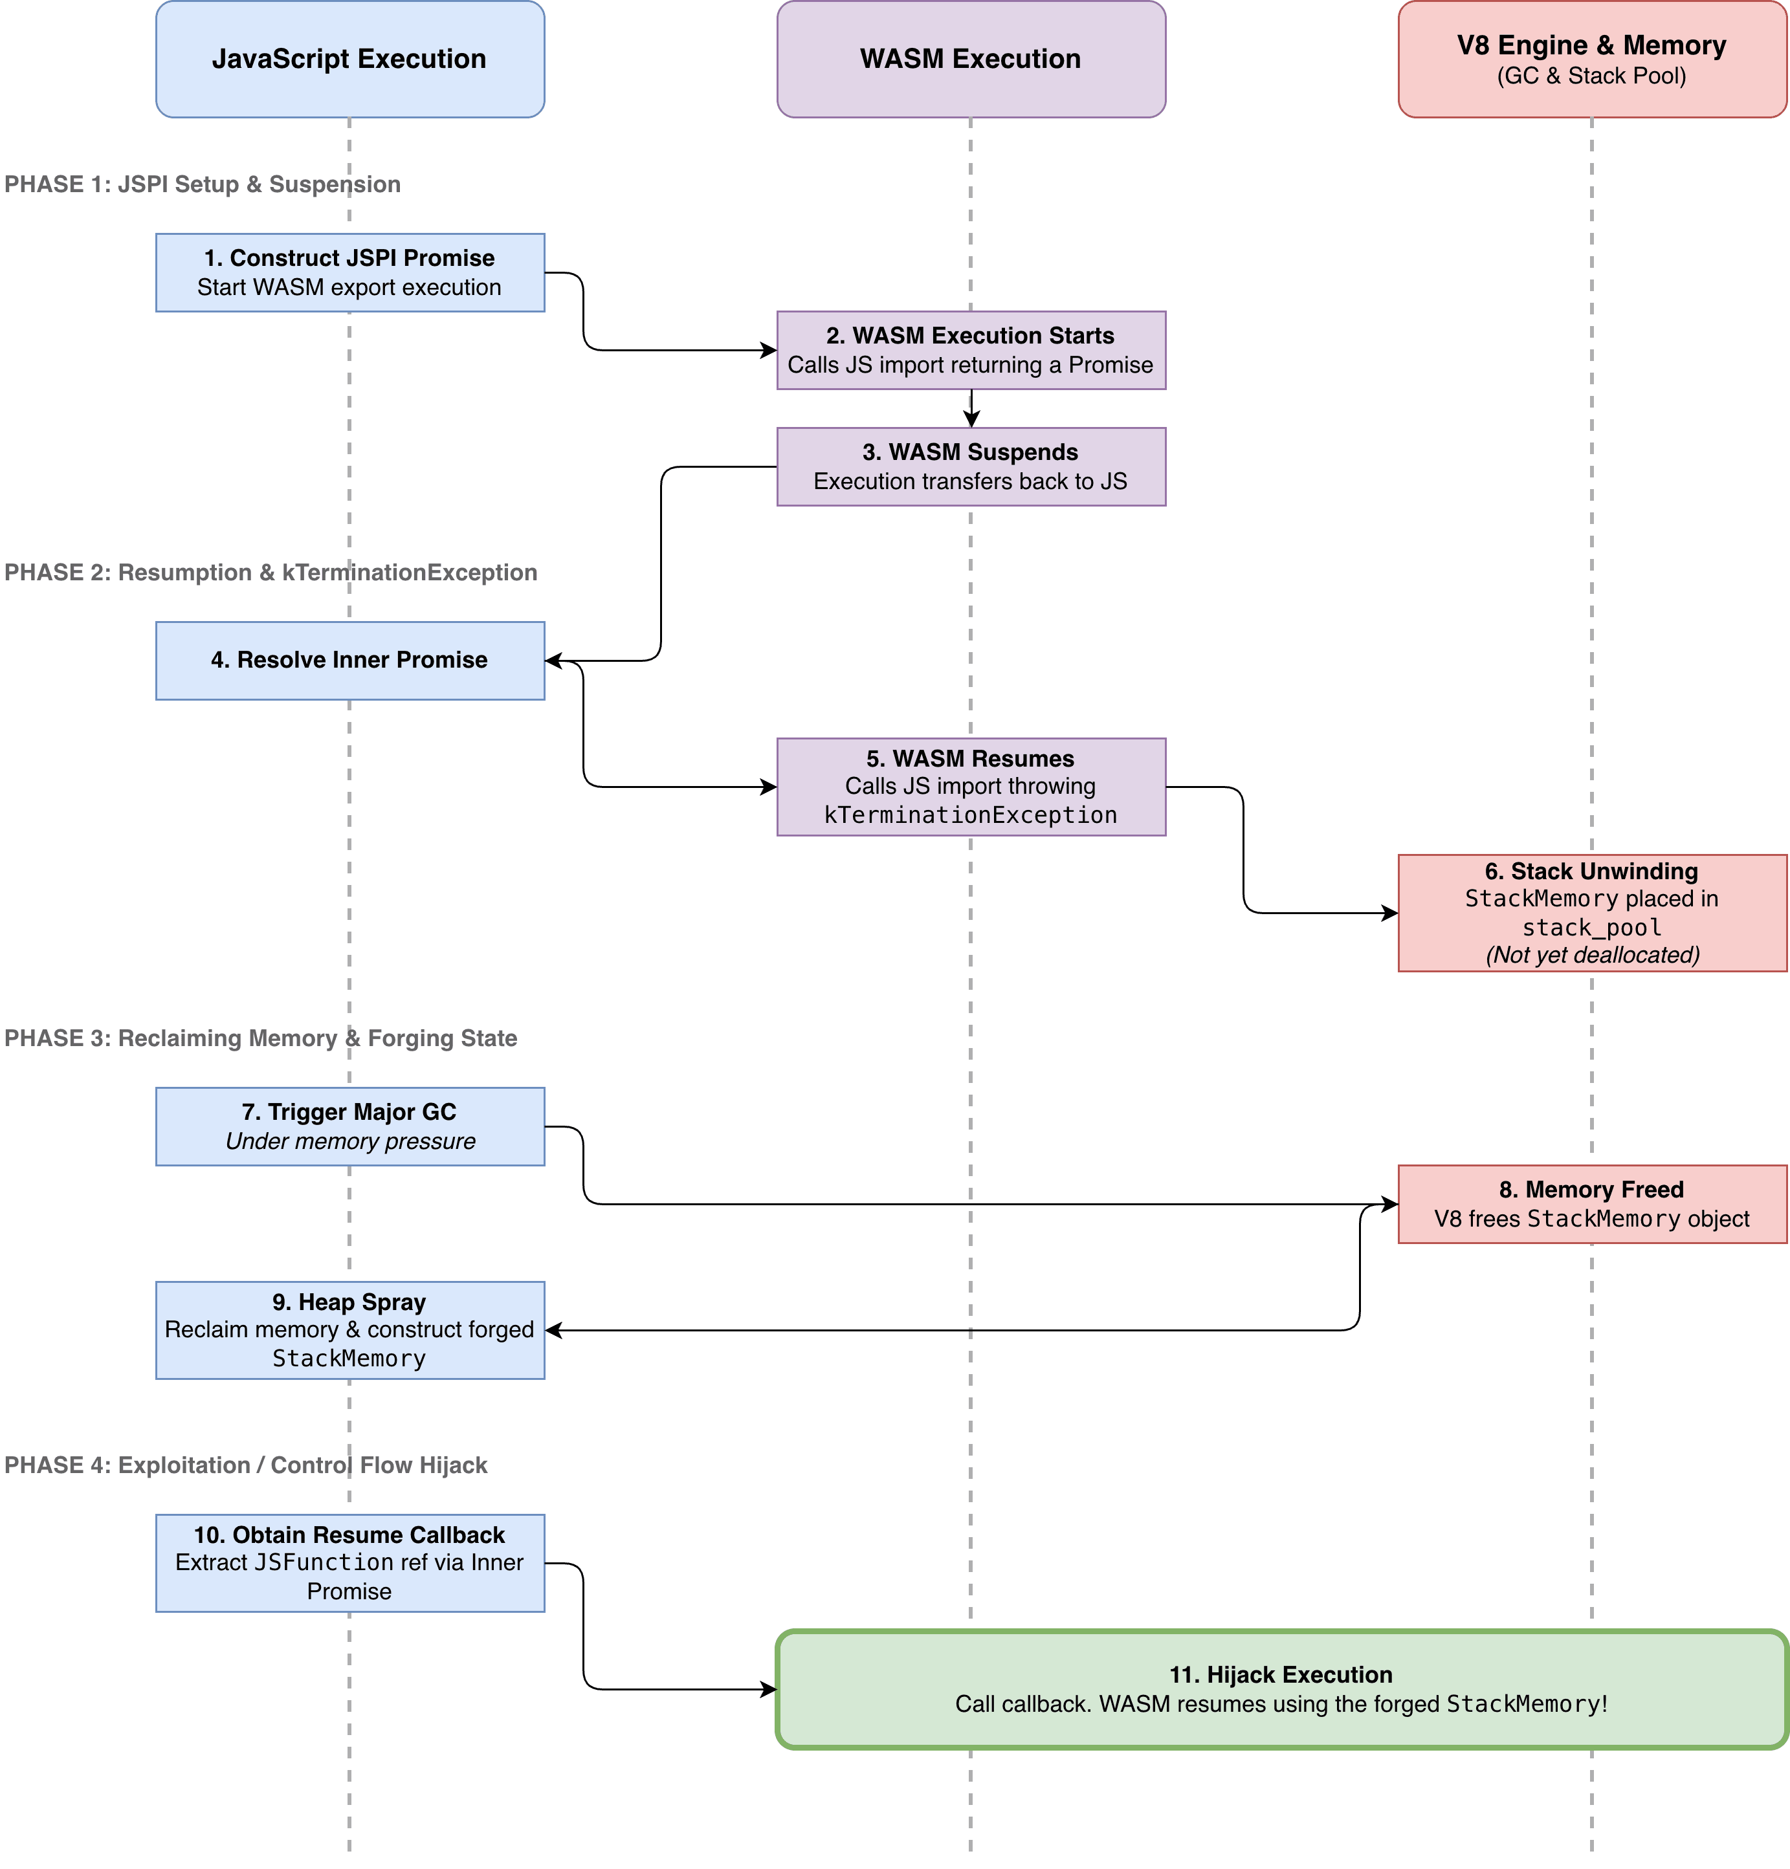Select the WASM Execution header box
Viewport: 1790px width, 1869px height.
[x=971, y=59]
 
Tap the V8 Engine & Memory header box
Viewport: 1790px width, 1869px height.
[x=1591, y=59]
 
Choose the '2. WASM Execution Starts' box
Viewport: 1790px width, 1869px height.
[x=971, y=350]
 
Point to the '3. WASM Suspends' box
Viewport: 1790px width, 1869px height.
[x=971, y=466]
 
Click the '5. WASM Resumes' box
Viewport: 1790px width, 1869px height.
[x=971, y=787]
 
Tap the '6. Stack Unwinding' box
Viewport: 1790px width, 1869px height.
[x=1591, y=913]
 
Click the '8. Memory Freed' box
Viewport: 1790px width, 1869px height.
[x=1591, y=1203]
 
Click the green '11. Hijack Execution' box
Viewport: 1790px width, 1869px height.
[x=1282, y=1689]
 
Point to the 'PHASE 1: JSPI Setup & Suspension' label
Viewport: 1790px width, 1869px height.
[x=202, y=184]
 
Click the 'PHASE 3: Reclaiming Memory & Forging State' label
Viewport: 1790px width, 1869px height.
[x=260, y=1038]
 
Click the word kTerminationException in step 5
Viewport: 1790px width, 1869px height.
[x=971, y=815]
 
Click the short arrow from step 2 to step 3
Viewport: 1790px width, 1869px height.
[x=971, y=408]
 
